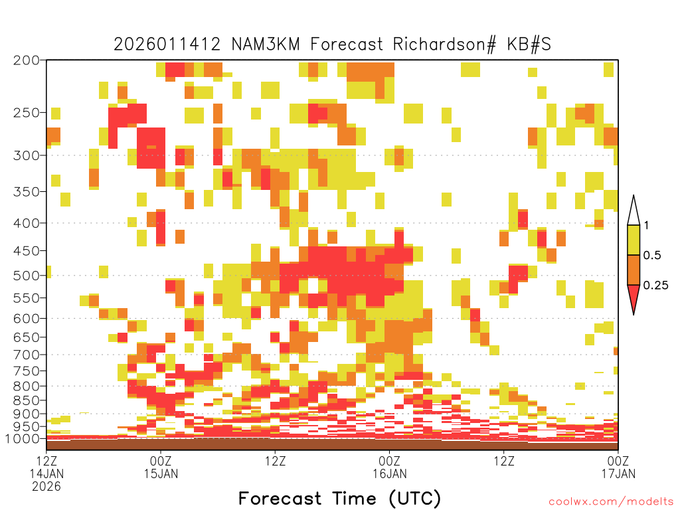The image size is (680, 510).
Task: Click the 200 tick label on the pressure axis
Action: (x=26, y=60)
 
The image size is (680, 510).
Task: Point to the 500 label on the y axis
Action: (x=26, y=276)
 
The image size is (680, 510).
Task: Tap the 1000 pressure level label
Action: (x=22, y=439)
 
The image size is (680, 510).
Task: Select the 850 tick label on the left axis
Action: (x=26, y=400)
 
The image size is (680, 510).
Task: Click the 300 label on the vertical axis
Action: (x=26, y=155)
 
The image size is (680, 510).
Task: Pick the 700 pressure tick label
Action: (x=26, y=355)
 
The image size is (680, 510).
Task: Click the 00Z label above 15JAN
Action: (x=161, y=461)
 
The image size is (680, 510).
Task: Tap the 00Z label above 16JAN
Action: (x=389, y=461)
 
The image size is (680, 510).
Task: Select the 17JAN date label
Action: (x=618, y=473)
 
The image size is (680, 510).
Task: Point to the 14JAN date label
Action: (x=46, y=473)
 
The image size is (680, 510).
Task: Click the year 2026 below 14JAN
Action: (x=46, y=487)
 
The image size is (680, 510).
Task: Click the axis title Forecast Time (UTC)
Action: (x=339, y=499)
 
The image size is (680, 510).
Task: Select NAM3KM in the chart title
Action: (x=266, y=44)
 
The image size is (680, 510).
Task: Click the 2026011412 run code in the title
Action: (x=167, y=44)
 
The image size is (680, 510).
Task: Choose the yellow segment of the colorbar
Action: (x=634, y=240)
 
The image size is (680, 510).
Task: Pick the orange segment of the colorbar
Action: (x=634, y=270)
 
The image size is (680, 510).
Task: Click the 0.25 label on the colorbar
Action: (x=655, y=286)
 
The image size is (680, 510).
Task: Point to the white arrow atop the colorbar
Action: (x=634, y=211)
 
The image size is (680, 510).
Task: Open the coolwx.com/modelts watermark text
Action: (x=611, y=502)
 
